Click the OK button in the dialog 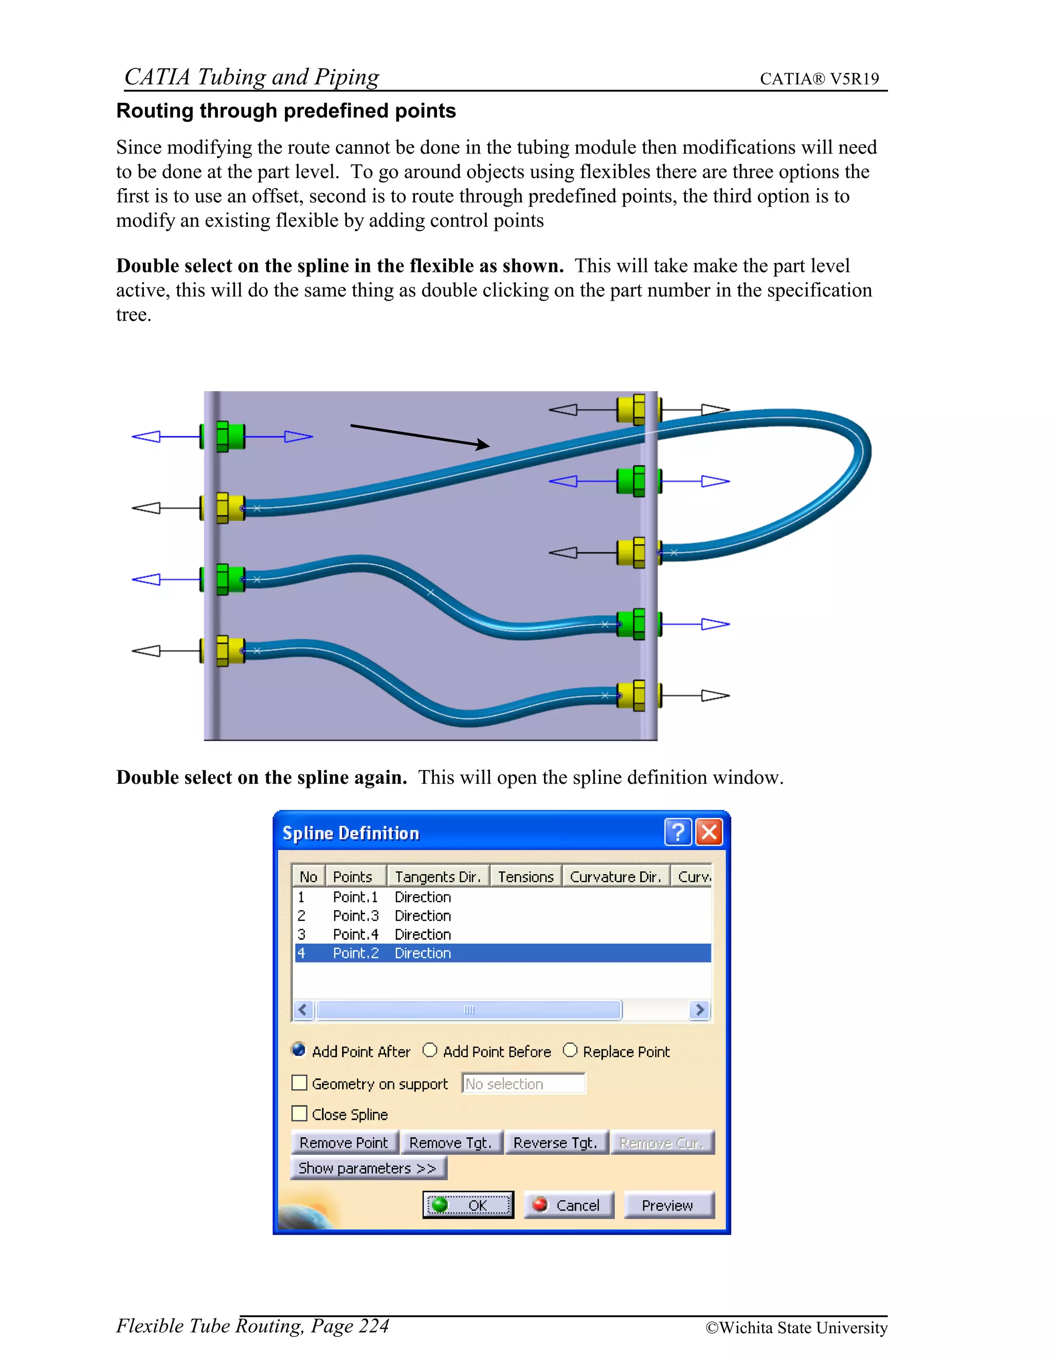468,1205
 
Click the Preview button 668,1205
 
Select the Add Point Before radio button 430,1051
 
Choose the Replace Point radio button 570,1051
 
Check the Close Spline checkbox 299,1114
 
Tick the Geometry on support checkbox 299,1082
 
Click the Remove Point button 344,1143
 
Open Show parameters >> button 368,1168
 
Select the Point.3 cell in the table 356,915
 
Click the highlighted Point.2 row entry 356,953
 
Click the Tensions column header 525,877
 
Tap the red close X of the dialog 709,833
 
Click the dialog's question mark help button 678,833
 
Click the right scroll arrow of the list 700,1009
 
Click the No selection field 523,1084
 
